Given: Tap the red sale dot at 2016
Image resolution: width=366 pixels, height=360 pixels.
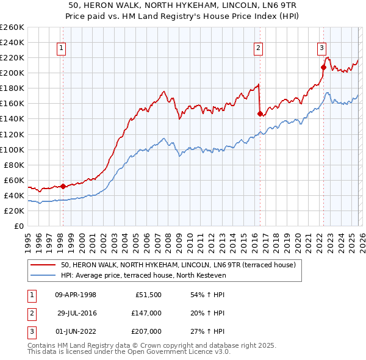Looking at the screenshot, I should [x=260, y=113].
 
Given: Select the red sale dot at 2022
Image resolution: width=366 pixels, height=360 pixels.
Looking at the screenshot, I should [x=323, y=67].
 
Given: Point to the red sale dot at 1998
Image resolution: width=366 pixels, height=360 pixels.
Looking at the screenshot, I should [x=63, y=186].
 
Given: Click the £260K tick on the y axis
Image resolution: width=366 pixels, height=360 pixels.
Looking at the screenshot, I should [x=12, y=27].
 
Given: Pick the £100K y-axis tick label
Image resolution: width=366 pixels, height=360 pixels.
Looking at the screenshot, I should [x=12, y=149].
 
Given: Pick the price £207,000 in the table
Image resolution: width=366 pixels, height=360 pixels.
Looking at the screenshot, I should [x=146, y=331].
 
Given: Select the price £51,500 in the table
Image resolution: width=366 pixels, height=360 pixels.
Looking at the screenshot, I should [x=148, y=295].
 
